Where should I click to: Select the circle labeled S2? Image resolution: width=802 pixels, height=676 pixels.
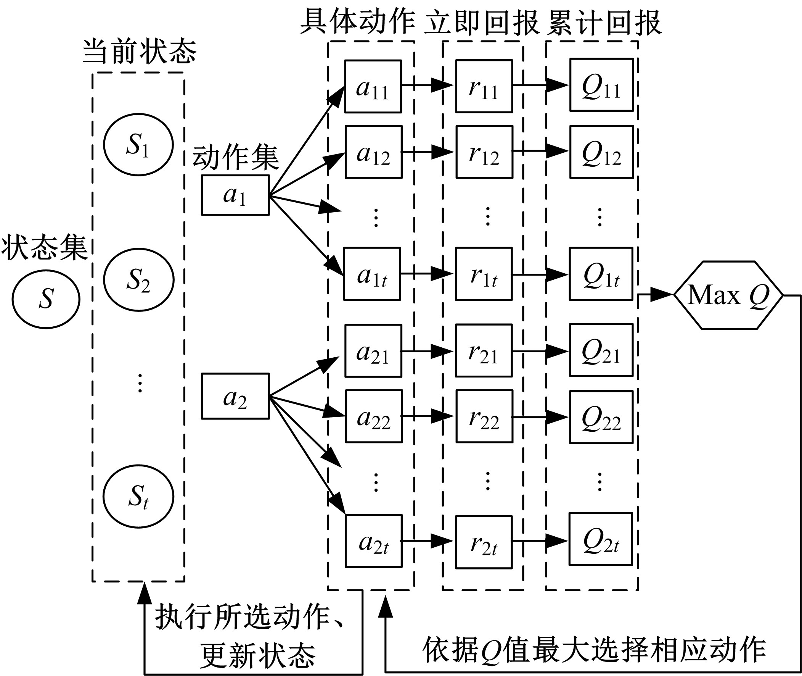click(138, 279)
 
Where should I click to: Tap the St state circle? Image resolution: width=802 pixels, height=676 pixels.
click(138, 497)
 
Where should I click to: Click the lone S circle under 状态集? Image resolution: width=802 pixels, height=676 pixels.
click(46, 299)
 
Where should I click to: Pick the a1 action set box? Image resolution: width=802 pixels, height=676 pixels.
click(235, 195)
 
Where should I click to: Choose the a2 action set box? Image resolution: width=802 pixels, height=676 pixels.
click(235, 396)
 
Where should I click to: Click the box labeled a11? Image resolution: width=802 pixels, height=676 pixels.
click(373, 87)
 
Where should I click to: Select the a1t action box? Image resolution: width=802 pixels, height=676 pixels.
click(372, 274)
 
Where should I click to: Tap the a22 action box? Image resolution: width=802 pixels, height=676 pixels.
click(374, 416)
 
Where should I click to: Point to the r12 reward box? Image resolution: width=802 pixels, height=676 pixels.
click(484, 152)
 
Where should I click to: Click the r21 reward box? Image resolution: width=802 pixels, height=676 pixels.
click(484, 351)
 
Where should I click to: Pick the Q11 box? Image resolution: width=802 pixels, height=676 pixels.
click(601, 85)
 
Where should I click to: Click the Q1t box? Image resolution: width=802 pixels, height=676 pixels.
click(601, 274)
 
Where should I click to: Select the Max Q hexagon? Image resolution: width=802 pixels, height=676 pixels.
click(728, 295)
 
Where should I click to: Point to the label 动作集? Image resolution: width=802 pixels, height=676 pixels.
click(235, 158)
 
